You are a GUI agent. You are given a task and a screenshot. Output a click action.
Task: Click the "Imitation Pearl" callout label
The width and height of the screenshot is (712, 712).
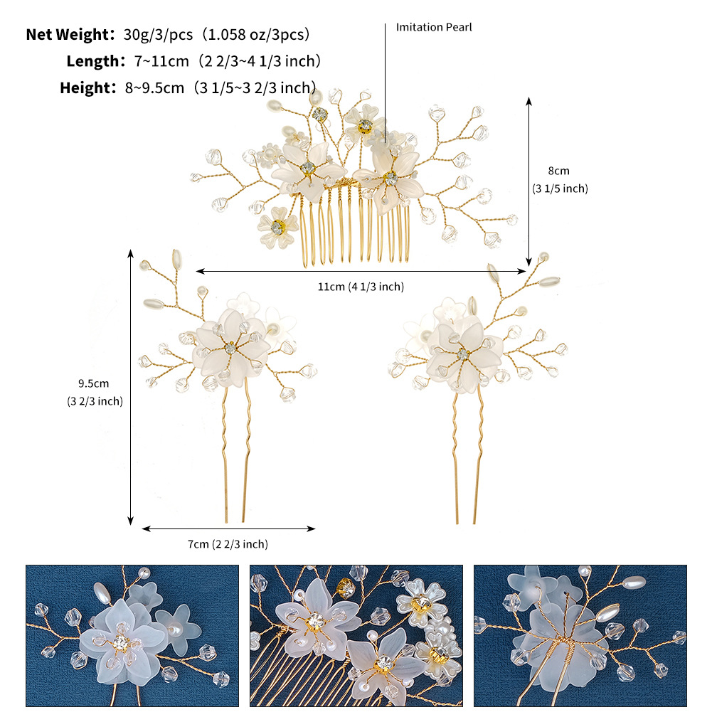[x=434, y=27]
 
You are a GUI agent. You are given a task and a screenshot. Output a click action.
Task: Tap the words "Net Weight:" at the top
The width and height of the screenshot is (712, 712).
[x=70, y=35]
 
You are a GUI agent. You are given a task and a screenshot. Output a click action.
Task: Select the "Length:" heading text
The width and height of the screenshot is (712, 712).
[x=96, y=61]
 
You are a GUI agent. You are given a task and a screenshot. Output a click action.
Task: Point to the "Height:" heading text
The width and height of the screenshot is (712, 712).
[x=88, y=88]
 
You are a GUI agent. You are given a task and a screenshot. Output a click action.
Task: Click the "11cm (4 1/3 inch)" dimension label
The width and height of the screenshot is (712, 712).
[x=361, y=287]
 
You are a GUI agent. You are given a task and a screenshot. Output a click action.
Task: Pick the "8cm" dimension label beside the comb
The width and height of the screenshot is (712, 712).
[x=558, y=171]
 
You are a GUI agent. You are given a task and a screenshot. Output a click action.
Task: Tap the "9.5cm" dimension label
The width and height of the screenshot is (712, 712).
[x=94, y=383]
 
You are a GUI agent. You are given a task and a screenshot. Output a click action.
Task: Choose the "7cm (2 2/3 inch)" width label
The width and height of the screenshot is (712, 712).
[x=228, y=544]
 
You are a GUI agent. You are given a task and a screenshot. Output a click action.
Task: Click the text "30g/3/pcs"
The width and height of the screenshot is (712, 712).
[x=158, y=35]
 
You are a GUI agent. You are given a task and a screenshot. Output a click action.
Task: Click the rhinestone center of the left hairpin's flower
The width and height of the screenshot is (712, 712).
[x=230, y=348]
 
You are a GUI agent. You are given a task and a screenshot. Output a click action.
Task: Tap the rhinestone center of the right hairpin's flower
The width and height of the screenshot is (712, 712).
[x=463, y=354]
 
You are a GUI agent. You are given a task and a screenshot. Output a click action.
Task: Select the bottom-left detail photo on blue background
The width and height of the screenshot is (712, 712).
[x=132, y=636]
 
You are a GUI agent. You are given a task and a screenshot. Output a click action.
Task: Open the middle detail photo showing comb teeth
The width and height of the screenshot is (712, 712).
[x=356, y=636]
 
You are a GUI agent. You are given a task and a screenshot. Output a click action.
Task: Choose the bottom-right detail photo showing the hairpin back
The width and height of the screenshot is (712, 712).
[x=580, y=636]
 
